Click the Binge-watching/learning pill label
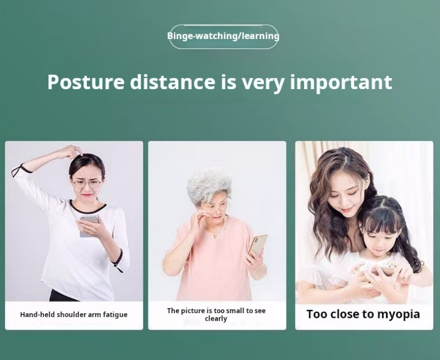(223, 36)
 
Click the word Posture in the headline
(86, 82)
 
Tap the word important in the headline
(341, 82)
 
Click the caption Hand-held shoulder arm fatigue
(74, 314)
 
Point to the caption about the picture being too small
(216, 314)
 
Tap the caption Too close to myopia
(363, 314)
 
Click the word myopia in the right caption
(398, 315)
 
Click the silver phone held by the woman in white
(89, 226)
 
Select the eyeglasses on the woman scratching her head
(87, 184)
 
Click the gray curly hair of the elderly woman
(209, 184)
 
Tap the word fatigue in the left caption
(115, 314)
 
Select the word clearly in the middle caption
(216, 319)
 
